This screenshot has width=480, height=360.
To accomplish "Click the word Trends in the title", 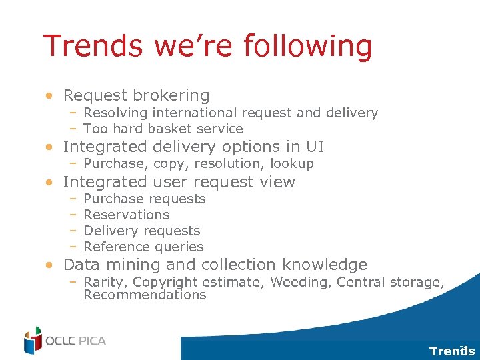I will pos(92,47).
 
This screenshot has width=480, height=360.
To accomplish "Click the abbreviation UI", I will pos(315,147).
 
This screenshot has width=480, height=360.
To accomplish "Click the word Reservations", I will pos(127,215).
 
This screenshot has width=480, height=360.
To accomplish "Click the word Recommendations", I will pos(145,295).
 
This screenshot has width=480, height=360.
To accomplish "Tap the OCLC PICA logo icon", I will pos(33,341).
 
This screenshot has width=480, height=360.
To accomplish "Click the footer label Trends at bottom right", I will pos(451,351).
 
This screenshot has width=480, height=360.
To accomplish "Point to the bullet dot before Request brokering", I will pos(50,97).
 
